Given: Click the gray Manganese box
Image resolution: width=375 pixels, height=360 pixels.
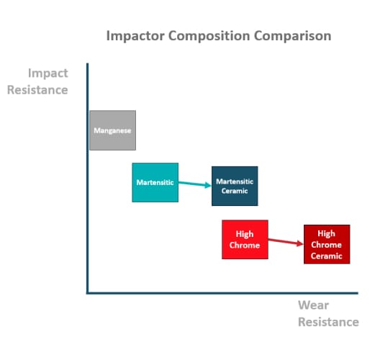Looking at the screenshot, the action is pyautogui.click(x=112, y=130).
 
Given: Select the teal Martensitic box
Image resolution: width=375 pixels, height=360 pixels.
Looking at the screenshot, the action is pyautogui.click(x=155, y=182).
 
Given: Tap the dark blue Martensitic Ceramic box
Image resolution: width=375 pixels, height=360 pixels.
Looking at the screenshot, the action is pyautogui.click(x=235, y=186).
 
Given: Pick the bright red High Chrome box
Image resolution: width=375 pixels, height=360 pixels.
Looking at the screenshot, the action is pyautogui.click(x=245, y=240).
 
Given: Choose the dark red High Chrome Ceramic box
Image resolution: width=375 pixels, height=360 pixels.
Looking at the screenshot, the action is pyautogui.click(x=327, y=244).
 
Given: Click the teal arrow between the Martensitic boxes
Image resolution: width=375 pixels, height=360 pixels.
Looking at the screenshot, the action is pyautogui.click(x=195, y=184).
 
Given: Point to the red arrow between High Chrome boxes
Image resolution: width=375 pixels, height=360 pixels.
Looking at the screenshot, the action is pyautogui.click(x=286, y=242).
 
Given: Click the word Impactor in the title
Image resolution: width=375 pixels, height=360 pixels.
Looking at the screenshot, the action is pyautogui.click(x=135, y=36).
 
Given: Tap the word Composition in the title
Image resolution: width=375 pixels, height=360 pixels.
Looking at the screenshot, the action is pyautogui.click(x=209, y=36).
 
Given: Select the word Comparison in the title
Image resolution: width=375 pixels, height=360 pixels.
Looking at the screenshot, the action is pyautogui.click(x=292, y=36).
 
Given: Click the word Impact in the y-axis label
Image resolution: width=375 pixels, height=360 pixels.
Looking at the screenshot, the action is pyautogui.click(x=48, y=73).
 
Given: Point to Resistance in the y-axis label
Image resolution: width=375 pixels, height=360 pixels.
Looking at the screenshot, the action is pyautogui.click(x=37, y=90).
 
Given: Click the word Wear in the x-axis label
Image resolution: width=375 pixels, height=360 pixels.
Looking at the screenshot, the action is pyautogui.click(x=313, y=305).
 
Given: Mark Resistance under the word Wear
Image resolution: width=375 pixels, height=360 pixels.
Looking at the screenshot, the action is pyautogui.click(x=328, y=322).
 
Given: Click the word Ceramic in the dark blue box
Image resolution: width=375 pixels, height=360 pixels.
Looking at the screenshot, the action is pyautogui.click(x=235, y=191).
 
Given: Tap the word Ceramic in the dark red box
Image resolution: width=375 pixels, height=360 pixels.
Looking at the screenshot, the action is pyautogui.click(x=327, y=256).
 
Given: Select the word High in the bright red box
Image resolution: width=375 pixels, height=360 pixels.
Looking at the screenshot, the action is pyautogui.click(x=245, y=234).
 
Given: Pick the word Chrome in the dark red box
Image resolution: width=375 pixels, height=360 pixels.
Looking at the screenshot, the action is pyautogui.click(x=326, y=245).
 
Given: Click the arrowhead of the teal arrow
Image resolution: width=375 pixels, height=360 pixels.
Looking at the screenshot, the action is pyautogui.click(x=208, y=185).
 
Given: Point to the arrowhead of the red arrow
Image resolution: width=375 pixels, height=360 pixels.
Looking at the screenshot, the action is pyautogui.click(x=300, y=243).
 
